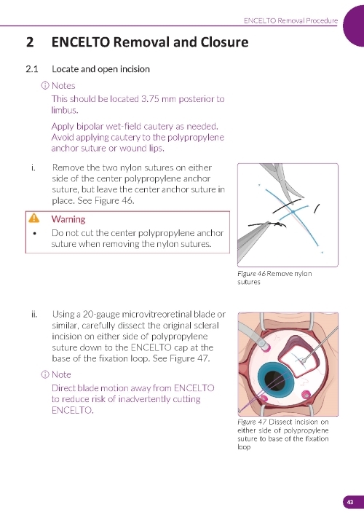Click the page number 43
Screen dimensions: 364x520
350,502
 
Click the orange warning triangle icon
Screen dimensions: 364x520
33,218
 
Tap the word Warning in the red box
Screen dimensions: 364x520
68,219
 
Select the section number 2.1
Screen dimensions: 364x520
32,69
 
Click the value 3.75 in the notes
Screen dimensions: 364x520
150,99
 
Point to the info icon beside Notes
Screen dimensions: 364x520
44,85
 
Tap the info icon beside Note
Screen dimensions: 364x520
44,374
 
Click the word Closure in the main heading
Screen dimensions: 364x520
224,42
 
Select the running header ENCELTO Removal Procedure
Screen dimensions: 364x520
290,20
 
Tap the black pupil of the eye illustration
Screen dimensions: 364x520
275,381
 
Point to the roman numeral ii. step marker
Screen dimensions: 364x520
34,314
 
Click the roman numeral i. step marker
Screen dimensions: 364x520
33,168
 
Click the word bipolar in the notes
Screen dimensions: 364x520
90,127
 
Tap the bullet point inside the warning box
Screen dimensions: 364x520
34,233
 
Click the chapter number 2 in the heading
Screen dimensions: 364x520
30,42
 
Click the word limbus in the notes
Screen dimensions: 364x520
65,110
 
